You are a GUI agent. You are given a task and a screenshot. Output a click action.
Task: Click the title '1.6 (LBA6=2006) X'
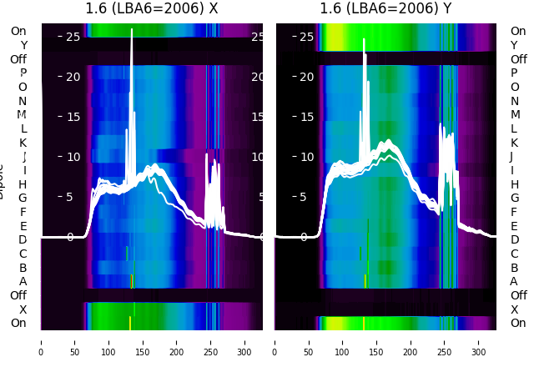point(152,9)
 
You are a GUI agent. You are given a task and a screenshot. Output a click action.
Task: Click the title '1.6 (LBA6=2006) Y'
point(386,9)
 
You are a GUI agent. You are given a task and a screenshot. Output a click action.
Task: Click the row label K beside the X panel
point(23,143)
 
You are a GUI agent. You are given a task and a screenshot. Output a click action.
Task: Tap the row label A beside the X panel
point(23,282)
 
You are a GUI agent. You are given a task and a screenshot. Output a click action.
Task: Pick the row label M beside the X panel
point(23,115)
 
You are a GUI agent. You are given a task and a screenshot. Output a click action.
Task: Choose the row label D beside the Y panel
point(515,240)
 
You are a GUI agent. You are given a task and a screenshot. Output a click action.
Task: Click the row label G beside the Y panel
point(515,199)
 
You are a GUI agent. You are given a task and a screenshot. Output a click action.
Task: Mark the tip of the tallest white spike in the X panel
point(132,29)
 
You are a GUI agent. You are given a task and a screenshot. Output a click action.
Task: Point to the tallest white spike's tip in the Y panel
point(365,39)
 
